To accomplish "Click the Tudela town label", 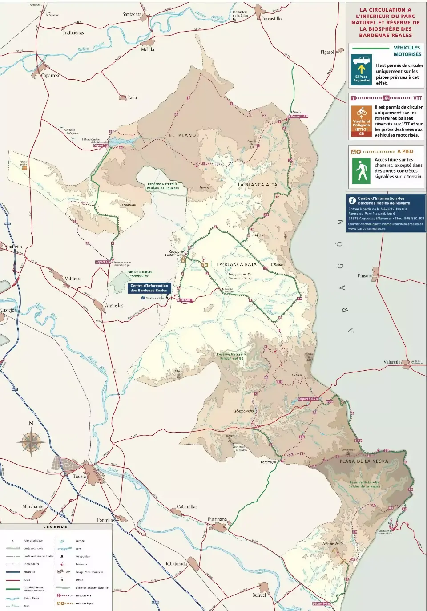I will pyautogui.click(x=79, y=476).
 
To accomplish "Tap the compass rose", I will pyautogui.click(x=31, y=442).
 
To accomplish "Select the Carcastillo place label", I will pyautogui.click(x=271, y=19).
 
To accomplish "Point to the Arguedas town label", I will pyautogui.click(x=114, y=305).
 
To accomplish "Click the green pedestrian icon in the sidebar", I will pyautogui.click(x=361, y=171).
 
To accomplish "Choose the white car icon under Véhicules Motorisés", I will pyautogui.click(x=361, y=60).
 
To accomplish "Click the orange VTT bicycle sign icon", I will pyautogui.click(x=361, y=111).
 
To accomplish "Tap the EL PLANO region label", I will pyautogui.click(x=182, y=135).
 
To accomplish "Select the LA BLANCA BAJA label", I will pyautogui.click(x=237, y=264).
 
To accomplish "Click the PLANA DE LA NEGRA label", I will pyautogui.click(x=364, y=461).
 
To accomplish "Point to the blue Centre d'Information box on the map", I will pyautogui.click(x=149, y=288).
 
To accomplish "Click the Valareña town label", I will pyautogui.click(x=391, y=362).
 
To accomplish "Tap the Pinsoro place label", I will pyautogui.click(x=365, y=275).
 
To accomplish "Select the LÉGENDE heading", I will pyautogui.click(x=56, y=527).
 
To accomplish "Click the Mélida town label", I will pyautogui.click(x=147, y=49).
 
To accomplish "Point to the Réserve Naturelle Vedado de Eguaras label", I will pyautogui.click(x=163, y=186).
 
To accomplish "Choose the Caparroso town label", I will pyautogui.click(x=50, y=76).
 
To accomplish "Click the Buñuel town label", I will pyautogui.click(x=259, y=595).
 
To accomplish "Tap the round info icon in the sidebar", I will pyautogui.click(x=352, y=201).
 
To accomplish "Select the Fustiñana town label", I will pyautogui.click(x=217, y=519).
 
